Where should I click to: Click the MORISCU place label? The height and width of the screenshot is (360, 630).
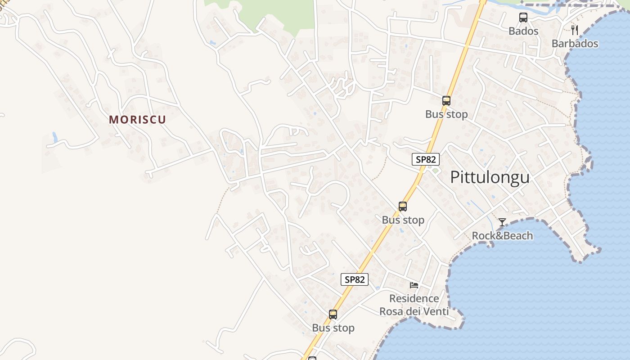coord(137,120)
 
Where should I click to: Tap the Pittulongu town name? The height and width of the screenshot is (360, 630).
coord(490,177)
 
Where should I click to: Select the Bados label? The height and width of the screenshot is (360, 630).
coord(523,31)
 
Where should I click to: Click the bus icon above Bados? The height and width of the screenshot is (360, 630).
coord(523,18)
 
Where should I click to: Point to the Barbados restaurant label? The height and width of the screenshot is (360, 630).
coord(575,44)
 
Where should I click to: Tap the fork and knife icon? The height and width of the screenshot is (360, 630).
coord(574,30)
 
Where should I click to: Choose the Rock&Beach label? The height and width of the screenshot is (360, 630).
coord(502,236)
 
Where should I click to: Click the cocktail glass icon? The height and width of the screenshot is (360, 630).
coord(502,222)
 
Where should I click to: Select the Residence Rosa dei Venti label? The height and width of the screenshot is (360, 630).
coord(414,305)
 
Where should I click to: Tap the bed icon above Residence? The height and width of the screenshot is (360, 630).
coord(414,285)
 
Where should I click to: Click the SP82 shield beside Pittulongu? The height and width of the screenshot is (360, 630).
coord(425,159)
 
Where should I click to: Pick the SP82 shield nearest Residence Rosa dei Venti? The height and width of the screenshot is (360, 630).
coord(354,279)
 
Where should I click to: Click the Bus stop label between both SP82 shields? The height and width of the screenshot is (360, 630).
coord(403,220)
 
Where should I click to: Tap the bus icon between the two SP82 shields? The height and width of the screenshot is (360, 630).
coord(403,207)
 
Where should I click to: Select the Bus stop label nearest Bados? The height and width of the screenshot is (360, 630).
coord(446,114)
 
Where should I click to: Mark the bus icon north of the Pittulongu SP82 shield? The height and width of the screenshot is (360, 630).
coord(446,101)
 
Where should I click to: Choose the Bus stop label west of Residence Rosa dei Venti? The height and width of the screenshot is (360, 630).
coord(333,328)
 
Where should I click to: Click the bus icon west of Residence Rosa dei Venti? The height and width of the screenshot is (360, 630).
coord(333,315)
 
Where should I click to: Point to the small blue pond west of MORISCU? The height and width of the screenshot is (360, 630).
coord(55,138)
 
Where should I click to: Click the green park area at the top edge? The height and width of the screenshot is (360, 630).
coord(279,13)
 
